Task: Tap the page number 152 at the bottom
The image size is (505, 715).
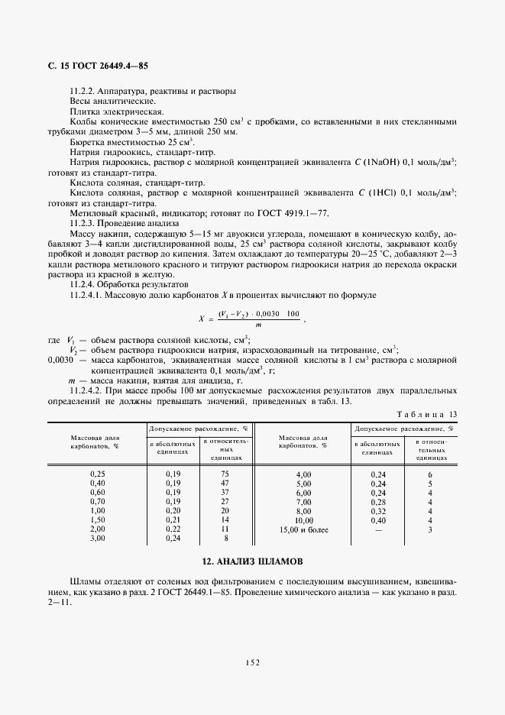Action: pyautogui.click(x=252, y=662)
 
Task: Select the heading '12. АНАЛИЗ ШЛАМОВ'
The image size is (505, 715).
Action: pyautogui.click(x=252, y=561)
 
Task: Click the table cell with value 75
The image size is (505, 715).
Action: pyautogui.click(x=225, y=474)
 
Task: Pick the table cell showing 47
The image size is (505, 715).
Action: pyautogui.click(x=225, y=484)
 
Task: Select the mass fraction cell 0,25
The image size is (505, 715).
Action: pyautogui.click(x=97, y=474)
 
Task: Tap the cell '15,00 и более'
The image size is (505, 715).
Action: pyautogui.click(x=303, y=529)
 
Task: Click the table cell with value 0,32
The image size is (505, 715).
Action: pyautogui.click(x=378, y=510)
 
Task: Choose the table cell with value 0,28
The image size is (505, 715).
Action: pyautogui.click(x=378, y=502)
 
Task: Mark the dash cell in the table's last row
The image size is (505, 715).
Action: pyautogui.click(x=378, y=529)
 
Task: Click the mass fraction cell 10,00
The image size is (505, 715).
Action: pyautogui.click(x=303, y=519)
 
